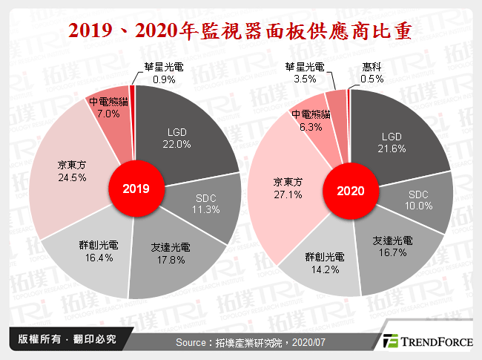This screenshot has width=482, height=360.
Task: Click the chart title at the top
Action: (241, 32)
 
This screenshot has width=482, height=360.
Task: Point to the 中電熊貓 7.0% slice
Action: (108, 108)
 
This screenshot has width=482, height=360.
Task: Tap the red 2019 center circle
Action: (133, 189)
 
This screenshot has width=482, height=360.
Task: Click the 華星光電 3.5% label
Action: (304, 72)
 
